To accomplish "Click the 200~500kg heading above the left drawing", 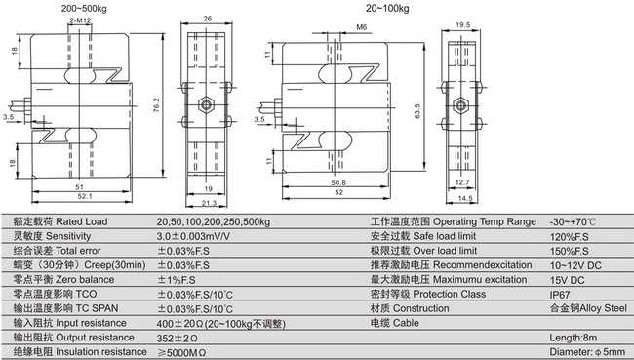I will point(84,9).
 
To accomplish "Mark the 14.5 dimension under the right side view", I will point(464,199).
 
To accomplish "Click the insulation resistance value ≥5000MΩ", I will point(184,351).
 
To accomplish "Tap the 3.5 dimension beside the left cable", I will point(9,117).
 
